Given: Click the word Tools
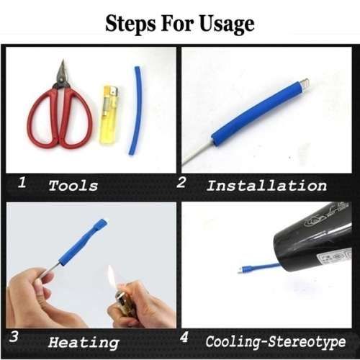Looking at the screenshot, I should point(73,186).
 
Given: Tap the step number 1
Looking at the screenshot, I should point(22,183).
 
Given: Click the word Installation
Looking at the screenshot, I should point(266,185).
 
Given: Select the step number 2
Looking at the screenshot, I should point(181,183).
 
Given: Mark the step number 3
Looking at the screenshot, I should point(15,337).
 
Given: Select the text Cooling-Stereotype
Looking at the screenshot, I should point(275,341).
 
